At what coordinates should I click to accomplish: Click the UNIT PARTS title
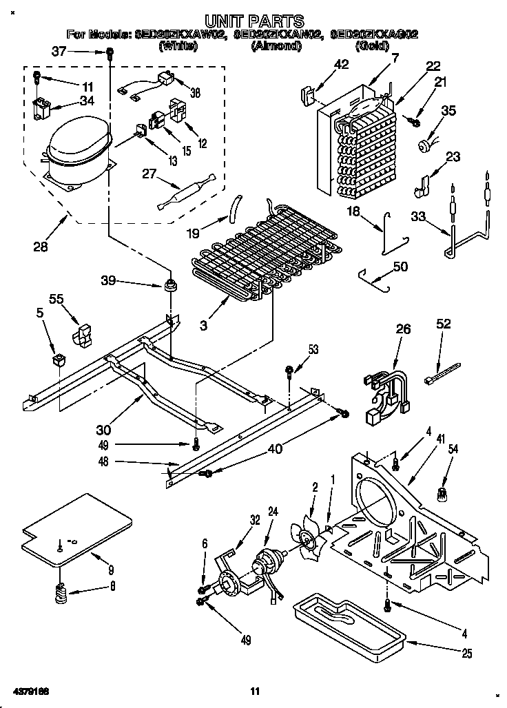[253, 21]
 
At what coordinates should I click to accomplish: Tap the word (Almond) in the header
[276, 46]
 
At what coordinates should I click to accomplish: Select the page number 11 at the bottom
[254, 691]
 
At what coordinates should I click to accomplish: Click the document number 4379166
[30, 691]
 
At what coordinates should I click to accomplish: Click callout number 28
[41, 246]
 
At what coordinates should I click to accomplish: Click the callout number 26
[403, 329]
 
